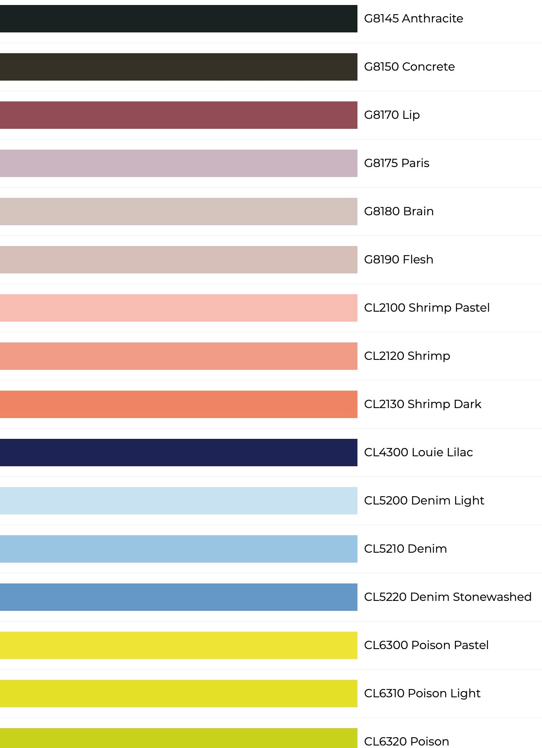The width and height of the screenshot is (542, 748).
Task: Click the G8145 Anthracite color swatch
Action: tap(179, 19)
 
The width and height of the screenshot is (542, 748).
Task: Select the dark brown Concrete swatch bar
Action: tap(179, 67)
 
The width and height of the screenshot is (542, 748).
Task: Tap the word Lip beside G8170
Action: tap(411, 115)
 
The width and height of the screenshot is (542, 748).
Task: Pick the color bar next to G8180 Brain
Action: tap(179, 212)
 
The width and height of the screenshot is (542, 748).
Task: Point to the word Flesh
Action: tap(418, 259)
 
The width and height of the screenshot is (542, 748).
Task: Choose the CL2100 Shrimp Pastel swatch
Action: tap(179, 308)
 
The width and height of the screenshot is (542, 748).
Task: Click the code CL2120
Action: tap(384, 356)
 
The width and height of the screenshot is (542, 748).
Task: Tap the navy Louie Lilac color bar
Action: tap(179, 453)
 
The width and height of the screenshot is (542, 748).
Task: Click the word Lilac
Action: tap(460, 452)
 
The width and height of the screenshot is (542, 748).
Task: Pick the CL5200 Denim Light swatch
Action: tap(179, 501)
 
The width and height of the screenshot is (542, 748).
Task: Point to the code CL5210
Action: tap(384, 549)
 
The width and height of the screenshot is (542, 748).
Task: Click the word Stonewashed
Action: tap(492, 597)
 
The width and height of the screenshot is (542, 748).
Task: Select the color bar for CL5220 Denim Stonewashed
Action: tap(179, 597)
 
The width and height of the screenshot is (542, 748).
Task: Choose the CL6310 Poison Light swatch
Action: tap(179, 694)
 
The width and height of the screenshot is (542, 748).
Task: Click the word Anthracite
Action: tap(433, 18)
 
